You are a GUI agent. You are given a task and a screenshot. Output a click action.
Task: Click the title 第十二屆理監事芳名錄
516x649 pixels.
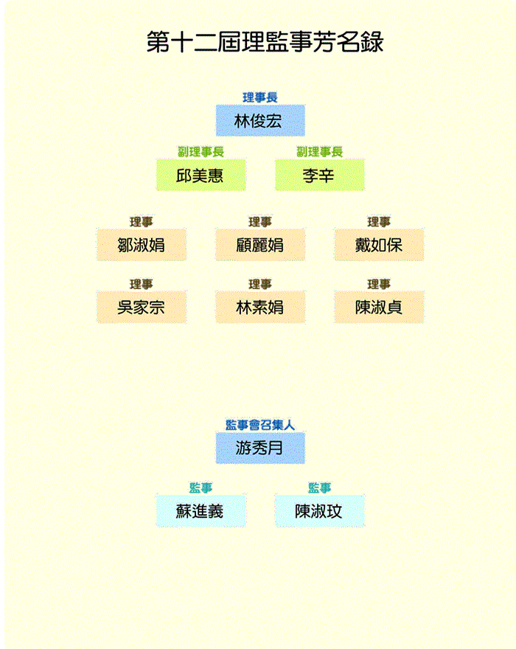coord(265,41)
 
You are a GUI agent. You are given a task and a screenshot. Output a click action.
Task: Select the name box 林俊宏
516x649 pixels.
coord(259,121)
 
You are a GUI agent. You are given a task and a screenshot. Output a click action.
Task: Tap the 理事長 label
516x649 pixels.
coord(259,97)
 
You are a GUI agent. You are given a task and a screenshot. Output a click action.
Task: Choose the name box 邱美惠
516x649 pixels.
coord(201,175)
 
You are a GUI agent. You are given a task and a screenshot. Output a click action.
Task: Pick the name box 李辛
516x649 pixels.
coord(319,175)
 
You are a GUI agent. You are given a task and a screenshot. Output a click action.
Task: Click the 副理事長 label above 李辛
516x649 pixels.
coord(319,151)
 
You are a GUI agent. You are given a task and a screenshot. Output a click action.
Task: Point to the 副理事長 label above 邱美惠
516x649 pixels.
coord(201,151)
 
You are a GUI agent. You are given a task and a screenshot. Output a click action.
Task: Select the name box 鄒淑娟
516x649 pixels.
coord(141,245)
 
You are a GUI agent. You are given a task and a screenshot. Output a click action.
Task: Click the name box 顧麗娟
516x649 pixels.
coord(259,245)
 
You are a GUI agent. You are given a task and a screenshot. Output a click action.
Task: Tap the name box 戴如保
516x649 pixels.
coord(379,245)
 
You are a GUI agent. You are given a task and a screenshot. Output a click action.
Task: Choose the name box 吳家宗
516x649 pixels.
coord(141,307)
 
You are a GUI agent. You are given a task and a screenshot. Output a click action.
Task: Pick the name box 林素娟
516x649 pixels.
coord(259,307)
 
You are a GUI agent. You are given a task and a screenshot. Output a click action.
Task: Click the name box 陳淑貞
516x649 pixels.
coord(379,307)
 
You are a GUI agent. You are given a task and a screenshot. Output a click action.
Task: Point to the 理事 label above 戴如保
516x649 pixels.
coord(379,222)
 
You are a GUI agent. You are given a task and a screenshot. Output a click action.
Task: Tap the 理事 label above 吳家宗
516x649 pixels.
coord(141,284)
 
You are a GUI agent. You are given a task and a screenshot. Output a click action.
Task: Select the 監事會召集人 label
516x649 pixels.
coord(259,425)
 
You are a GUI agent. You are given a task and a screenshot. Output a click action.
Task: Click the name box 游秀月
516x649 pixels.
coord(259,448)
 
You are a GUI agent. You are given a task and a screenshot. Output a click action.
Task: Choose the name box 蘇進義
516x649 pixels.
coord(201,510)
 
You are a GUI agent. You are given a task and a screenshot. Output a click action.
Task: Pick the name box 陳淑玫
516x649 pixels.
coord(319,510)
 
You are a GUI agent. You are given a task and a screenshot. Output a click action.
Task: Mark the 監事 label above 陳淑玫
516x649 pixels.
coord(319,487)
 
